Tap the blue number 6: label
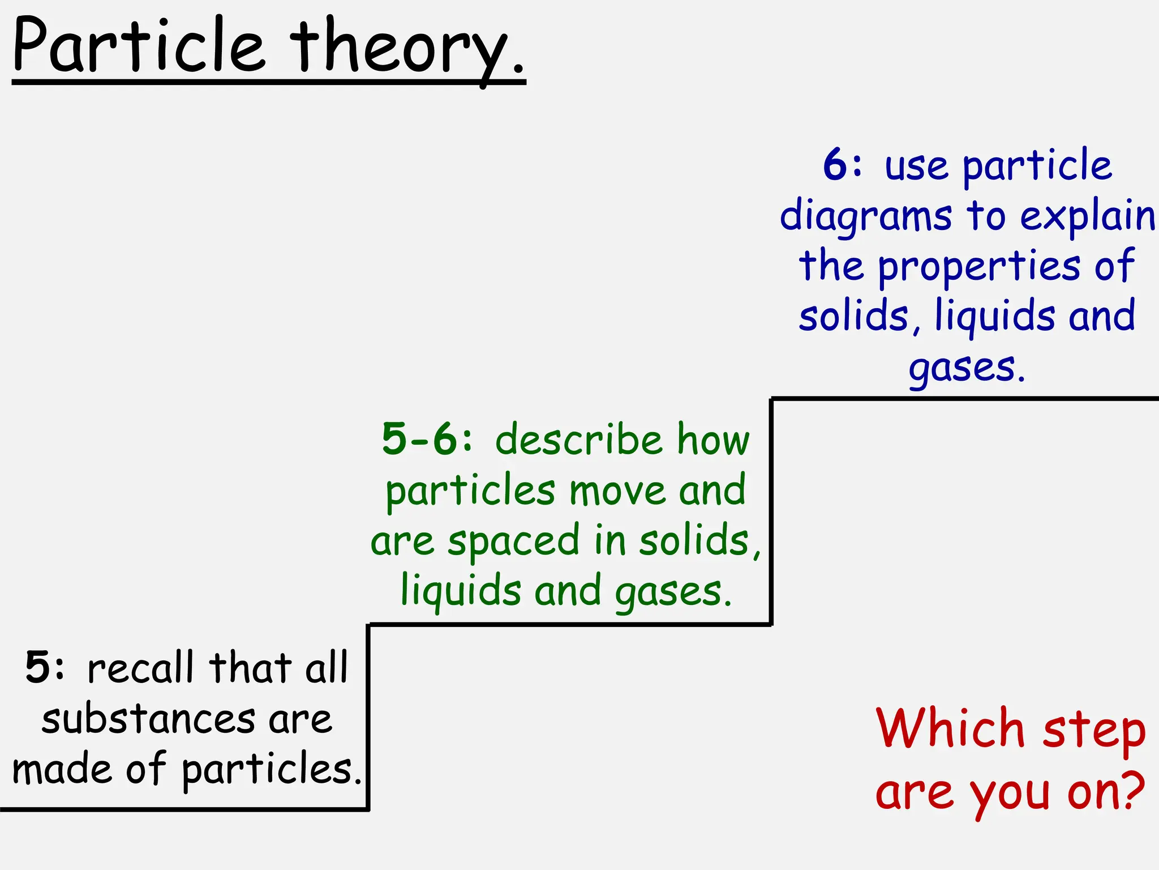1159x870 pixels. point(843,165)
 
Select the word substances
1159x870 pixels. point(148,719)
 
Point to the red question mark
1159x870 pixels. point(1132,790)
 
